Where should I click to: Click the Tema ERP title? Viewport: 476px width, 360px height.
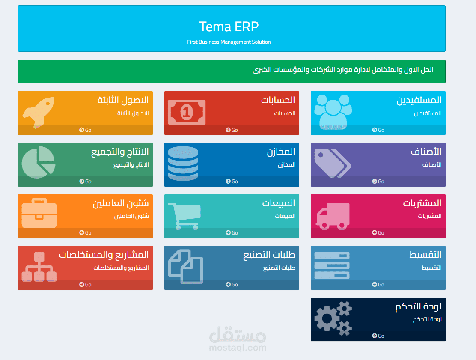(229, 27)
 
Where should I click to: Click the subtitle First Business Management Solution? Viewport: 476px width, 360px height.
(229, 42)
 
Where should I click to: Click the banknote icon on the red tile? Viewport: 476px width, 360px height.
(187, 112)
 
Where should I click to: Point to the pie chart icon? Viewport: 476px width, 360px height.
(39, 162)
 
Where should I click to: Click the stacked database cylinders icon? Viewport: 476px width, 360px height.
(183, 163)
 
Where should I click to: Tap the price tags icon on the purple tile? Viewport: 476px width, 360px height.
(333, 163)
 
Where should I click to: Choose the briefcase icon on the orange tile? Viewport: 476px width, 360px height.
(39, 213)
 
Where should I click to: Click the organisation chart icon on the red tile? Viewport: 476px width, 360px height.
(39, 267)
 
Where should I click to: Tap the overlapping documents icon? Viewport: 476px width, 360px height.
(185, 267)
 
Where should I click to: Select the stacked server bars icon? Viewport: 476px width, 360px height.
(332, 265)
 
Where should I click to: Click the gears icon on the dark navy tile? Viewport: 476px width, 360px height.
(333, 318)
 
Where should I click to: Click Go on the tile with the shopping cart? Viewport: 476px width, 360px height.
(232, 233)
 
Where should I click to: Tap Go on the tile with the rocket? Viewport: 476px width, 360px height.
(85, 130)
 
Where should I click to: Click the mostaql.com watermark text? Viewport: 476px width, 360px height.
(238, 348)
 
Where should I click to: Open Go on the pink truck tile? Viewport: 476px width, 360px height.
(378, 233)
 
